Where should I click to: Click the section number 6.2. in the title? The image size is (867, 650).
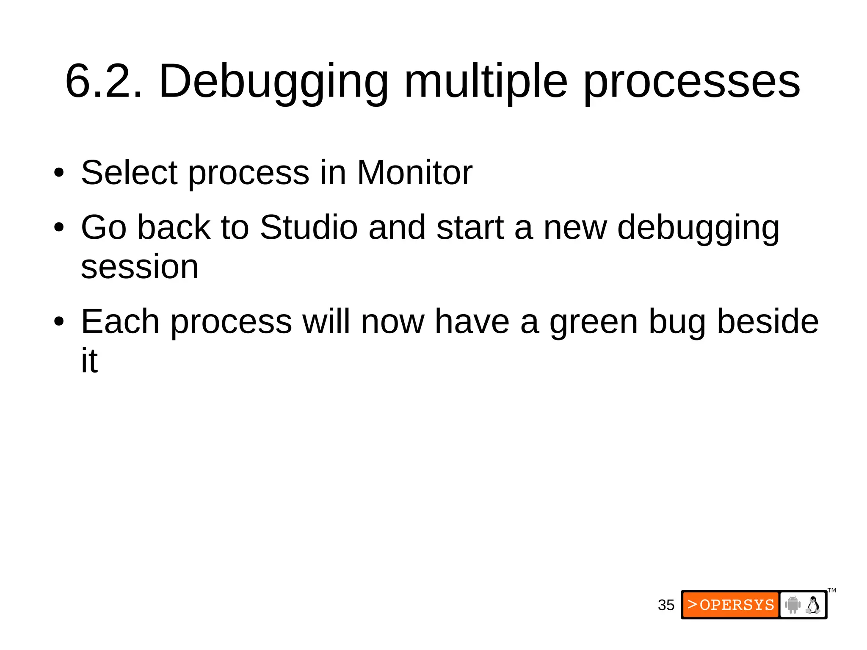click(x=104, y=81)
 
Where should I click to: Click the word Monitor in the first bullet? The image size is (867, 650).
click(x=414, y=173)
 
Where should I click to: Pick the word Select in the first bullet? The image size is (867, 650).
click(x=129, y=173)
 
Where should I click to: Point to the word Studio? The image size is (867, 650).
click(x=309, y=227)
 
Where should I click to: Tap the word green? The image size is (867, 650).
click(x=594, y=322)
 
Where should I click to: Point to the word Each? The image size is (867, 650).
click(x=120, y=322)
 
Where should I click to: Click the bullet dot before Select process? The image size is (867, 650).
click(x=59, y=173)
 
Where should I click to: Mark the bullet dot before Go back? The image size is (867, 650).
click(x=59, y=228)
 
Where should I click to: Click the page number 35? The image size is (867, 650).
click(x=666, y=605)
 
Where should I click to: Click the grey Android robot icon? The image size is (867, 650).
click(x=792, y=605)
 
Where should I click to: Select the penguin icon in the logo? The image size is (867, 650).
click(x=813, y=605)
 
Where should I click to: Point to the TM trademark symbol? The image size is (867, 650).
click(x=832, y=590)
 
